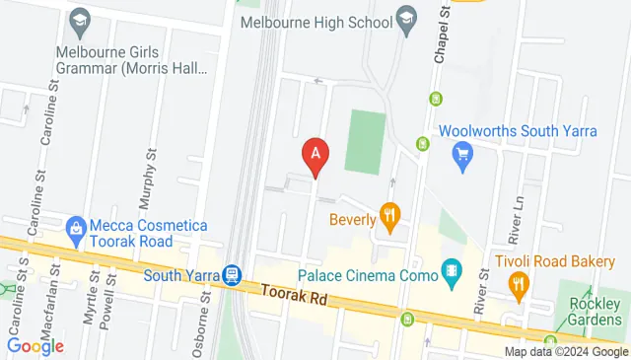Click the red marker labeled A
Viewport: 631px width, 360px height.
[315, 155]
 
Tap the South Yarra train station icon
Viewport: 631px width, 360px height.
[232, 275]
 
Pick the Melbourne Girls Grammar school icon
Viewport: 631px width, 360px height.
[78, 21]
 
